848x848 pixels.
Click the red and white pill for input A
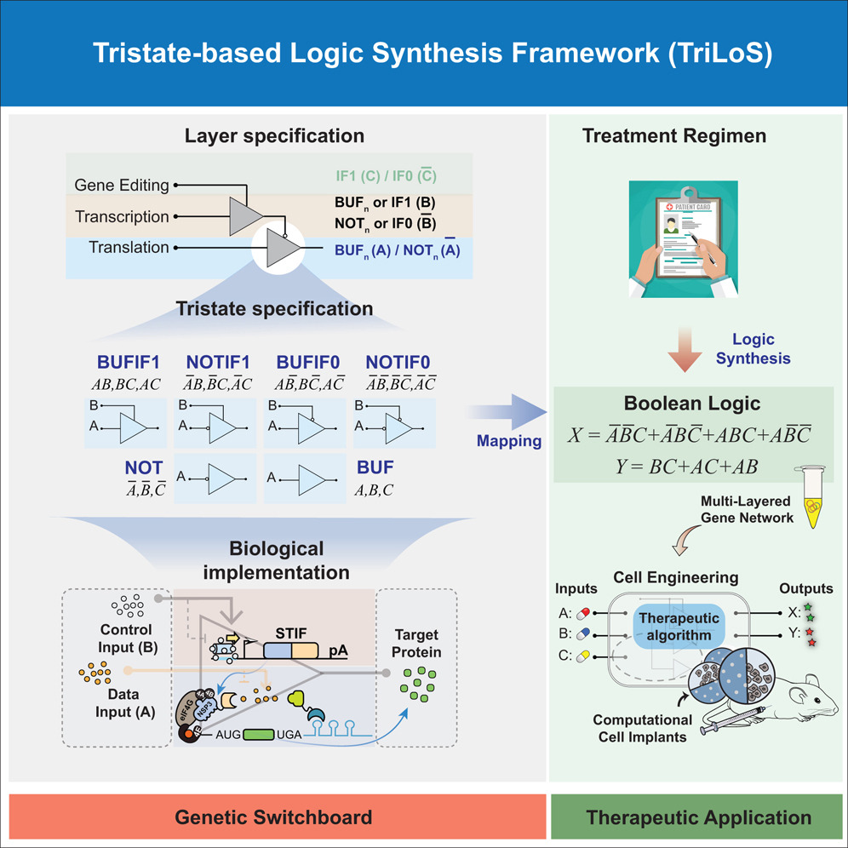[x=584, y=612]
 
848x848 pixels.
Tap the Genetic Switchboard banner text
[x=273, y=817]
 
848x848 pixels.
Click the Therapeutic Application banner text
[x=698, y=817]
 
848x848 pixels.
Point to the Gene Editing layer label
[x=121, y=185]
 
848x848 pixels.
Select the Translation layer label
[x=129, y=248]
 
